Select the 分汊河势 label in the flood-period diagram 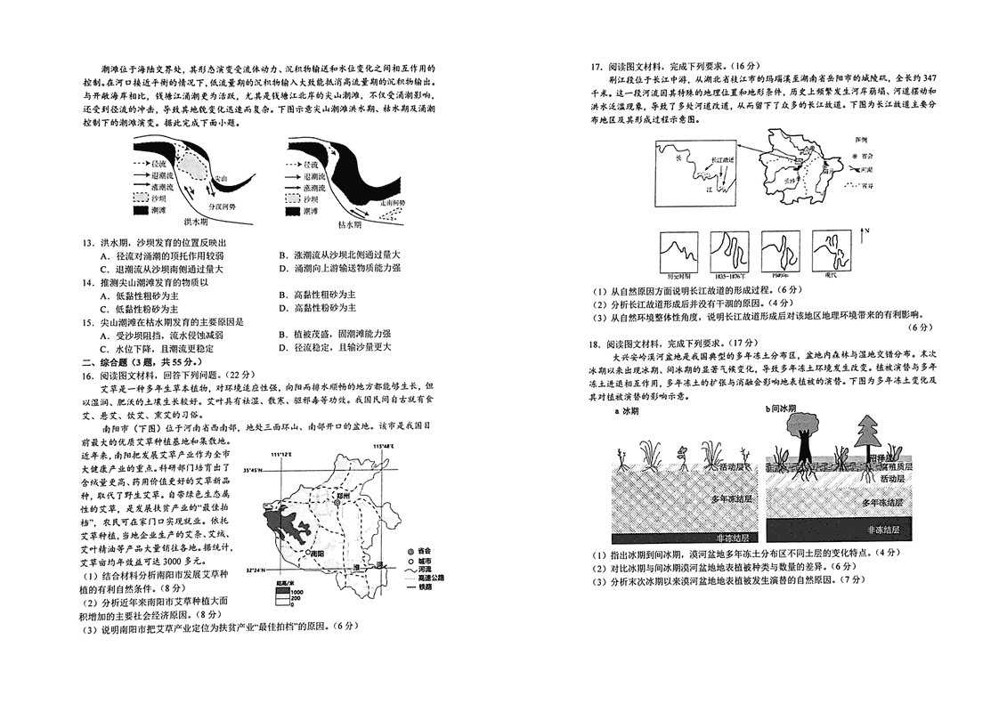(221, 206)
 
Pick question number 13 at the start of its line (88, 243)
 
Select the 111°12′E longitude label (281, 455)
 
